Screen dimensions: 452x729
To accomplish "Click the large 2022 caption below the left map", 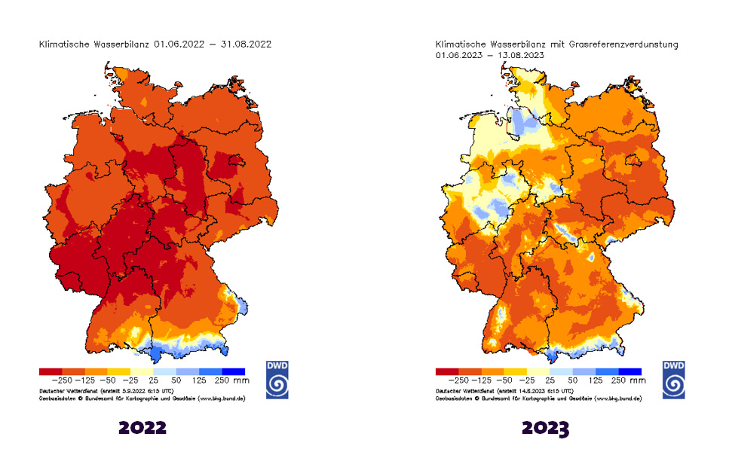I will pyautogui.click(x=142, y=429).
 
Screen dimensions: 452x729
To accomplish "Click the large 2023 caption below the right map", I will pyautogui.click(x=545, y=429).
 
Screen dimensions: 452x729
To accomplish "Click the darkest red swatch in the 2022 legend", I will pyautogui.click(x=50, y=371).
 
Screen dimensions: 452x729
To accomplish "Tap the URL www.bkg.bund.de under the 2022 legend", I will pyautogui.click(x=218, y=399).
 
